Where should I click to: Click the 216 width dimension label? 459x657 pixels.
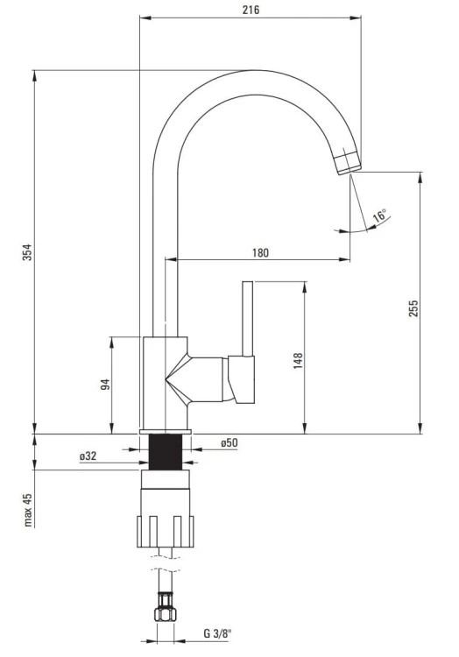point(251,10)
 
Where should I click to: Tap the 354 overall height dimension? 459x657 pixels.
point(27,251)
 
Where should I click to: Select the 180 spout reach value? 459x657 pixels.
point(260,253)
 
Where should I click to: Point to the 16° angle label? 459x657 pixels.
point(380,215)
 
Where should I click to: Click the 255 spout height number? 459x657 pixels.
point(413,308)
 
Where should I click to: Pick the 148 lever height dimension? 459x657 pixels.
point(298,361)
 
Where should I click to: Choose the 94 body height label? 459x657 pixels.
point(105,385)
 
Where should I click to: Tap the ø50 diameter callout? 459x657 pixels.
point(229,443)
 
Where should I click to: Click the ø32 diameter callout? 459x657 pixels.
point(88,456)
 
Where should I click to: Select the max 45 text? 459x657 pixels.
point(28,510)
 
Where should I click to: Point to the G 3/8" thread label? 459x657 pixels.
point(217,646)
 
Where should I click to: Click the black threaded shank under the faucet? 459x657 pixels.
point(166,452)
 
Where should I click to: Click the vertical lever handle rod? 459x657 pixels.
point(248,319)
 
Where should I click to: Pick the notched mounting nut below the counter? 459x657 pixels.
point(166,532)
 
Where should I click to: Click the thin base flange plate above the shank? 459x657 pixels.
point(165,432)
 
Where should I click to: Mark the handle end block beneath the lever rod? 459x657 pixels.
point(242,379)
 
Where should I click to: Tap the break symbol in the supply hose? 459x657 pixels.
point(166,563)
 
